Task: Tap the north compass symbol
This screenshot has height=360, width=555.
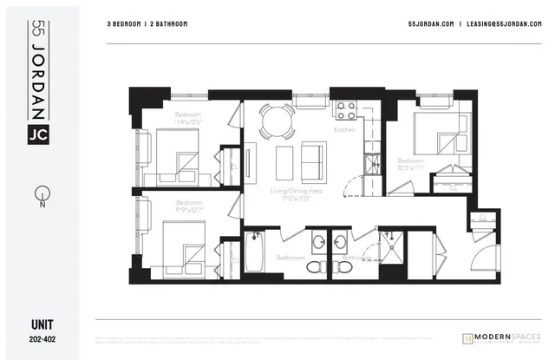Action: tap(41, 193)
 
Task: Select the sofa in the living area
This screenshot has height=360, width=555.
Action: tap(312, 159)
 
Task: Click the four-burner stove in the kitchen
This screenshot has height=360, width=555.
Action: tap(347, 110)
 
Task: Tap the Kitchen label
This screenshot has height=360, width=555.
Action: tap(345, 129)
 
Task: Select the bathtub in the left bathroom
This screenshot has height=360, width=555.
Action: tap(254, 252)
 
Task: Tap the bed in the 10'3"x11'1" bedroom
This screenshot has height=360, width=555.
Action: tap(435, 134)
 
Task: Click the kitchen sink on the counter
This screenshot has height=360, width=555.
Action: tap(371, 160)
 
